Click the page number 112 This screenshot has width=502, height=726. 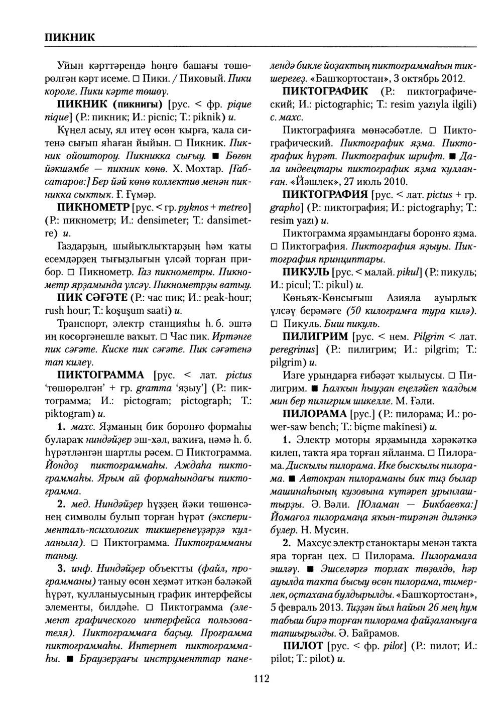262,679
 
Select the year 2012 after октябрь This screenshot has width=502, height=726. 454,78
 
